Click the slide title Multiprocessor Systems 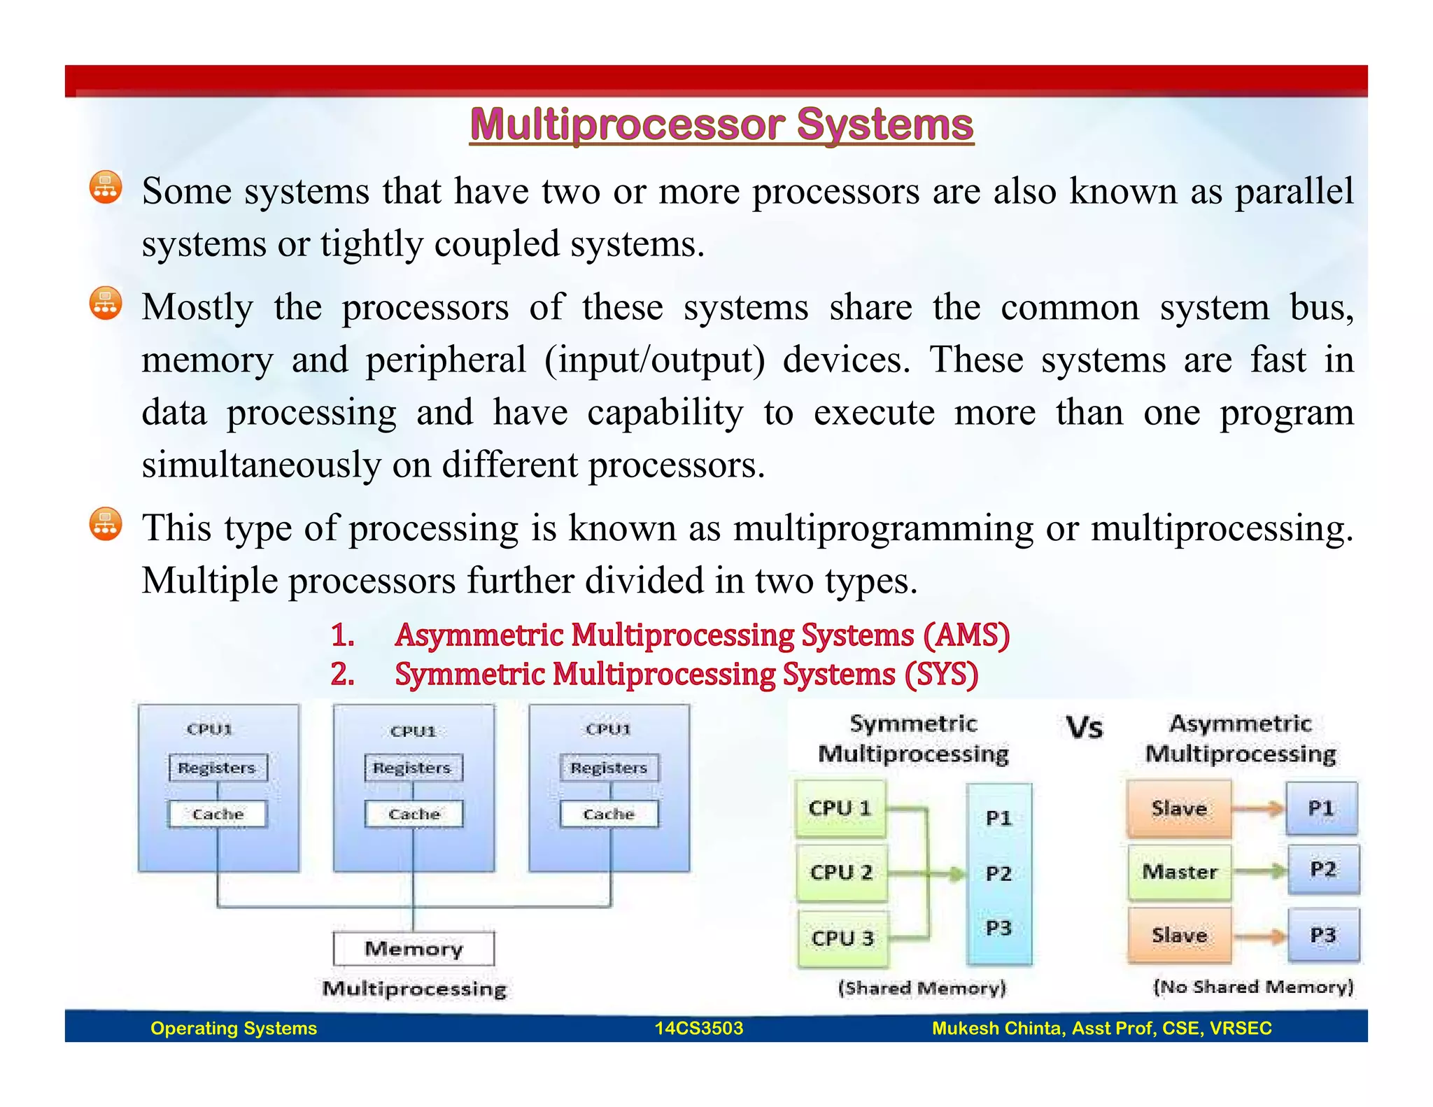click(721, 125)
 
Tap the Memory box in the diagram click(414, 949)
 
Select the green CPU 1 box click(840, 809)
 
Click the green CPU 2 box click(842, 873)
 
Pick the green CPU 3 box click(842, 938)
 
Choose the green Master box click(1180, 872)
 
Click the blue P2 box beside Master click(1323, 870)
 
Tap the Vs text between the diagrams click(1084, 728)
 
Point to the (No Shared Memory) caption click(1253, 987)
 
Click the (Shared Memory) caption click(922, 987)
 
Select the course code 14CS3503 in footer click(698, 1028)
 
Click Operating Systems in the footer click(234, 1028)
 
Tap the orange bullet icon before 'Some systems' click(106, 188)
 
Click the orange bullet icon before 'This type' click(106, 524)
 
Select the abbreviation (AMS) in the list click(966, 635)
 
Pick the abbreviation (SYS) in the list click(941, 675)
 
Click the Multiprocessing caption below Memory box click(414, 989)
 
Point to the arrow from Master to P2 click(1259, 871)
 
